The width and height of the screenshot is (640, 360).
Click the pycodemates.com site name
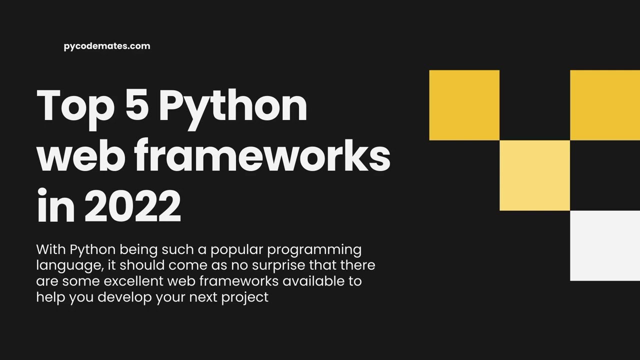click(107, 46)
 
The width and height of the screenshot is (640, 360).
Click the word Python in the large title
click(233, 106)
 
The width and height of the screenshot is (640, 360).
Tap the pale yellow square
click(534, 175)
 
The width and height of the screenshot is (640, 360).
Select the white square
click(605, 245)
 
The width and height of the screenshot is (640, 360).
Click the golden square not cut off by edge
click(464, 105)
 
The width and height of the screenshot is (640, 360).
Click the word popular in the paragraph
click(236, 250)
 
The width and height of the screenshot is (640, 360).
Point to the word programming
click(314, 250)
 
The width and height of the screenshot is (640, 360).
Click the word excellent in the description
click(133, 281)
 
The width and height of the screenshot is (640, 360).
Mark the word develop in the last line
click(124, 297)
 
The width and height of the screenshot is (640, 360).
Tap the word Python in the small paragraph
click(92, 250)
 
